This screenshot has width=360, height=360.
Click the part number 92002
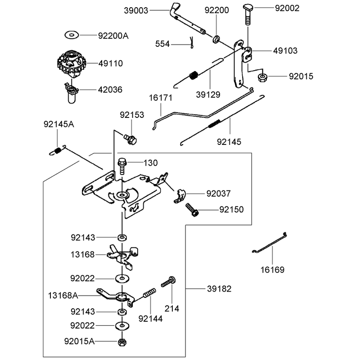click(287, 8)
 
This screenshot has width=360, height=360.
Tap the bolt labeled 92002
click(248, 14)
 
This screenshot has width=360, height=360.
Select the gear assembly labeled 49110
click(72, 63)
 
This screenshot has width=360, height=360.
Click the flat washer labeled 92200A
click(72, 35)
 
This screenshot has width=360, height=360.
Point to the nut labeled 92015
click(262, 77)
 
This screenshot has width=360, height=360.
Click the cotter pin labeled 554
click(192, 43)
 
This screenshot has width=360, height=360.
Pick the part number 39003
click(136, 10)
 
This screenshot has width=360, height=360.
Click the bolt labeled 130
click(122, 166)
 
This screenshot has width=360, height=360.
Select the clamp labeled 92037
click(180, 196)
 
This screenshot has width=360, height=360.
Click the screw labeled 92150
click(192, 209)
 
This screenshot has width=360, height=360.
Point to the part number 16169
click(272, 270)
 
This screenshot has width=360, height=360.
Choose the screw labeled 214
click(168, 282)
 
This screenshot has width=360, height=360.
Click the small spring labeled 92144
click(149, 293)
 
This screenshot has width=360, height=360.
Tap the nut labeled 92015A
click(122, 342)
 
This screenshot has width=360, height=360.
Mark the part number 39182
click(219, 289)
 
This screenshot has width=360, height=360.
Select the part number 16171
click(161, 98)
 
